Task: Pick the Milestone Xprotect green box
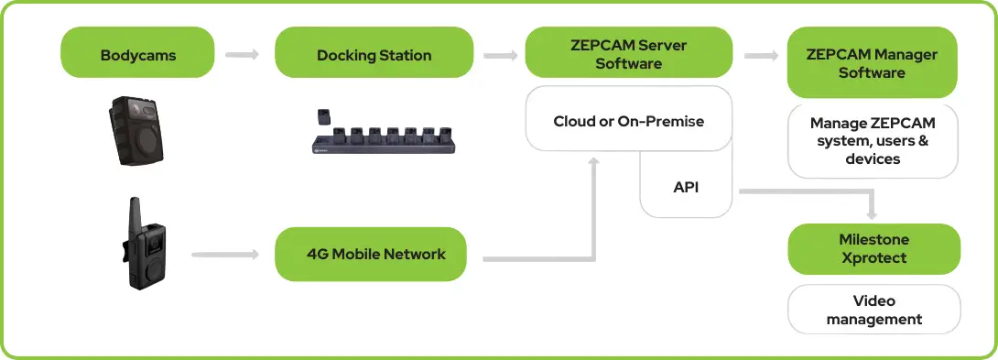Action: click(x=873, y=249)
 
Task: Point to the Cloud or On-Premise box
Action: click(x=628, y=119)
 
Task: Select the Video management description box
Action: click(x=873, y=309)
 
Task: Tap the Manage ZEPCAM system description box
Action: click(x=873, y=141)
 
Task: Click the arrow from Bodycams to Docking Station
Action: click(x=243, y=54)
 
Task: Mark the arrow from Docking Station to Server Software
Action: click(x=500, y=56)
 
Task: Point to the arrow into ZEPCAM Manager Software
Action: click(x=761, y=56)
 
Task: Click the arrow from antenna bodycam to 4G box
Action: click(x=225, y=255)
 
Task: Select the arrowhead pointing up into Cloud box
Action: click(x=594, y=163)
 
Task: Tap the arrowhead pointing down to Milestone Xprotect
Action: click(x=872, y=213)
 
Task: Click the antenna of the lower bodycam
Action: click(x=135, y=213)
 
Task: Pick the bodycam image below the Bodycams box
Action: click(x=135, y=130)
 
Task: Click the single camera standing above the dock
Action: click(x=324, y=117)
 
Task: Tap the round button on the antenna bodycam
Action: click(x=154, y=271)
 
